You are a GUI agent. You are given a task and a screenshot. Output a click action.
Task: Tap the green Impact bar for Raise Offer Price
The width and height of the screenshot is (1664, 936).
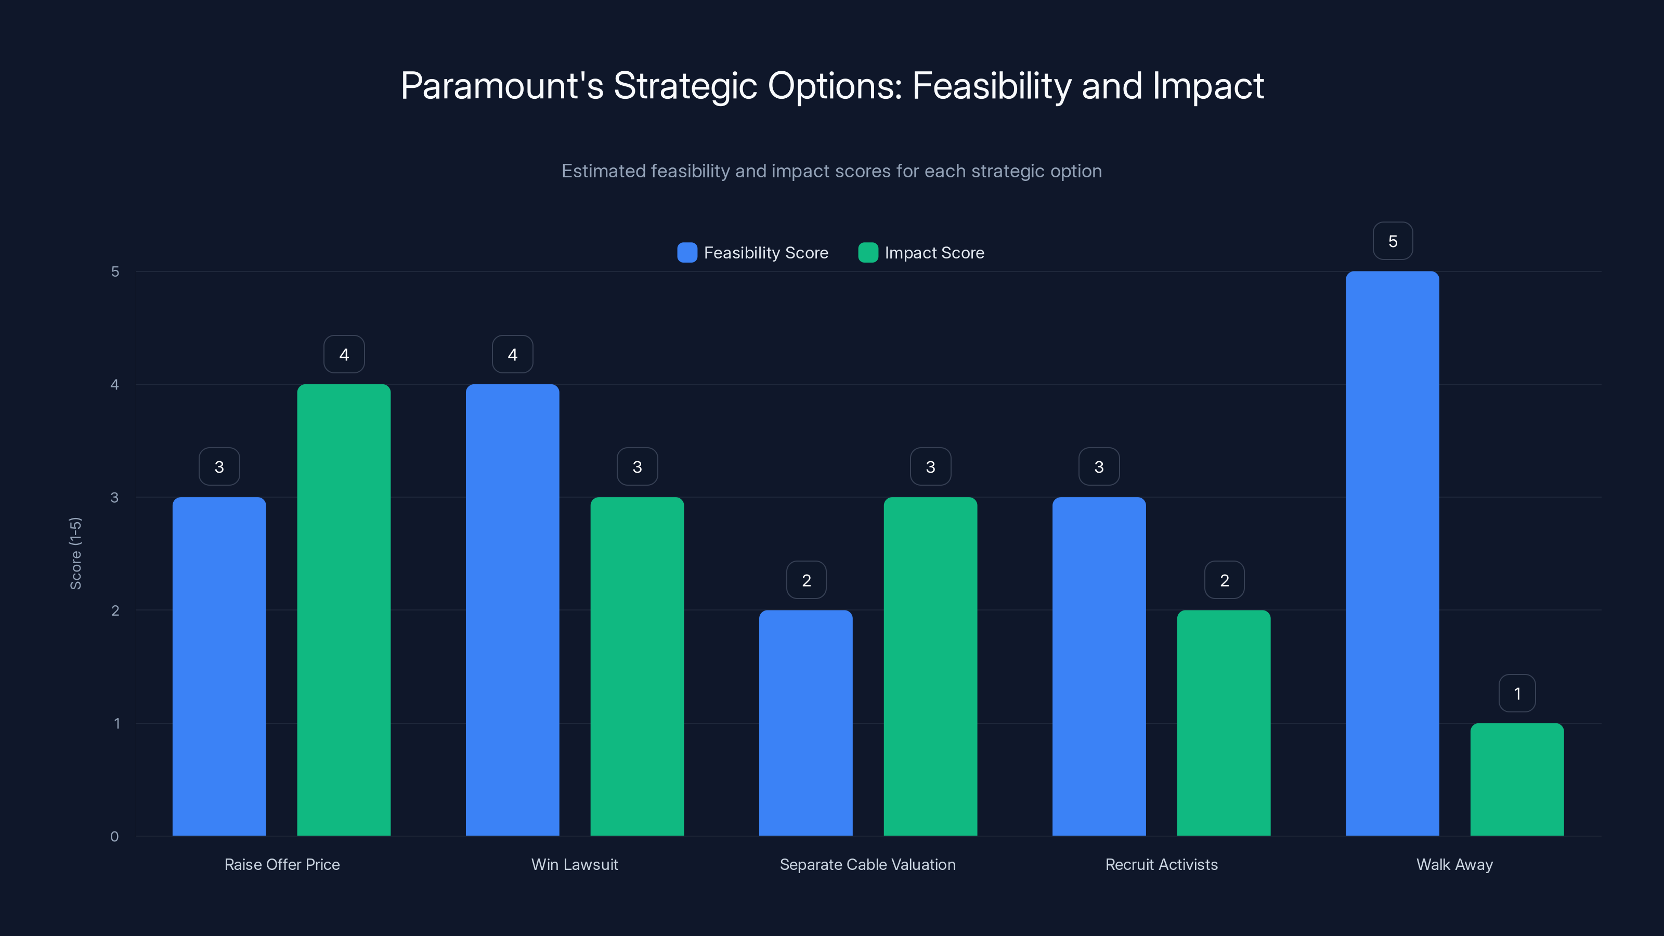(344, 610)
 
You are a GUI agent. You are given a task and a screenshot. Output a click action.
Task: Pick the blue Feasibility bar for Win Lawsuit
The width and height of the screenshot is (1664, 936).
(512, 610)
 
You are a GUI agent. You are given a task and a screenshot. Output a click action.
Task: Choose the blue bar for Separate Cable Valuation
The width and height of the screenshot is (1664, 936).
(805, 723)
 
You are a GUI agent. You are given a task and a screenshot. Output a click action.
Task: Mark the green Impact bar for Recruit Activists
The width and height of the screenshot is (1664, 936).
(1224, 723)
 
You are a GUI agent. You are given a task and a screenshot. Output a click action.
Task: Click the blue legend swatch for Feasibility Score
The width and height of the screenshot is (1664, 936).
(686, 253)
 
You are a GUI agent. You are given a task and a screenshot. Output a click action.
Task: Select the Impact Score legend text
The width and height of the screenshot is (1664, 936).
(934, 253)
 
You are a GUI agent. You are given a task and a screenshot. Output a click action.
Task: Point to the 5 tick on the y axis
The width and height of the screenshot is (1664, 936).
(115, 271)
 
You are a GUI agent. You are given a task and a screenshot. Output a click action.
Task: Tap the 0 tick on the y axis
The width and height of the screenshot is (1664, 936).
(114, 837)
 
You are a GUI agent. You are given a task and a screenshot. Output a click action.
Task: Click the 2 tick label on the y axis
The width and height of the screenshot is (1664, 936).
(115, 610)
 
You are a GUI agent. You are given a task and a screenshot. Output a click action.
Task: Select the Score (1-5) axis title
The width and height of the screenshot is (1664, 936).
(75, 553)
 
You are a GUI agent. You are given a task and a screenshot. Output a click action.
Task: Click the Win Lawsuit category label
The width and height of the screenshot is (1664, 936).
(574, 864)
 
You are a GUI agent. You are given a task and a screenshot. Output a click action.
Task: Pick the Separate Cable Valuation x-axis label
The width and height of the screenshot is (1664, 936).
(867, 864)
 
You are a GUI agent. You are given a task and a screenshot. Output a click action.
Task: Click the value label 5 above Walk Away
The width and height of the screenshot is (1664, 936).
(1393, 241)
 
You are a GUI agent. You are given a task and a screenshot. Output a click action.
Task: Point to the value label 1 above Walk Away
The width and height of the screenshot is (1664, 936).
(1517, 694)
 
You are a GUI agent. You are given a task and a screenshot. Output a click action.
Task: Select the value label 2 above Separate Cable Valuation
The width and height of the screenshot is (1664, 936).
(806, 580)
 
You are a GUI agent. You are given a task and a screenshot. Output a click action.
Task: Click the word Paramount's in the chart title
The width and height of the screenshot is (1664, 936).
(502, 85)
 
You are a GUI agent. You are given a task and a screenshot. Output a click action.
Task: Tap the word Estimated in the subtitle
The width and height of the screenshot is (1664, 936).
(603, 171)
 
